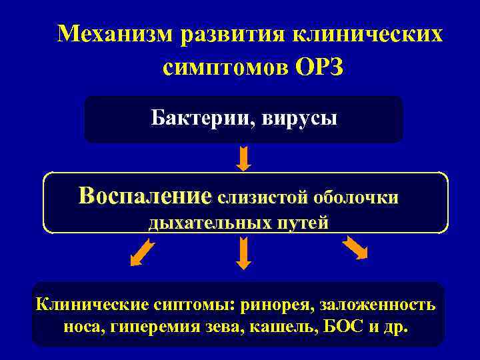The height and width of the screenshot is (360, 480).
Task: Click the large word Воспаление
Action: point(144,196)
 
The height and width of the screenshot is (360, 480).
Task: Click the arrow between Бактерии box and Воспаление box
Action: point(244,157)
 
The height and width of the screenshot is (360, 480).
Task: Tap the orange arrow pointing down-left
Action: point(142,253)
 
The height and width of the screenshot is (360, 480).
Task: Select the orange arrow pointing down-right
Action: point(355,248)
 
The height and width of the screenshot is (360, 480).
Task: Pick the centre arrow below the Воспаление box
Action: point(244,253)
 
